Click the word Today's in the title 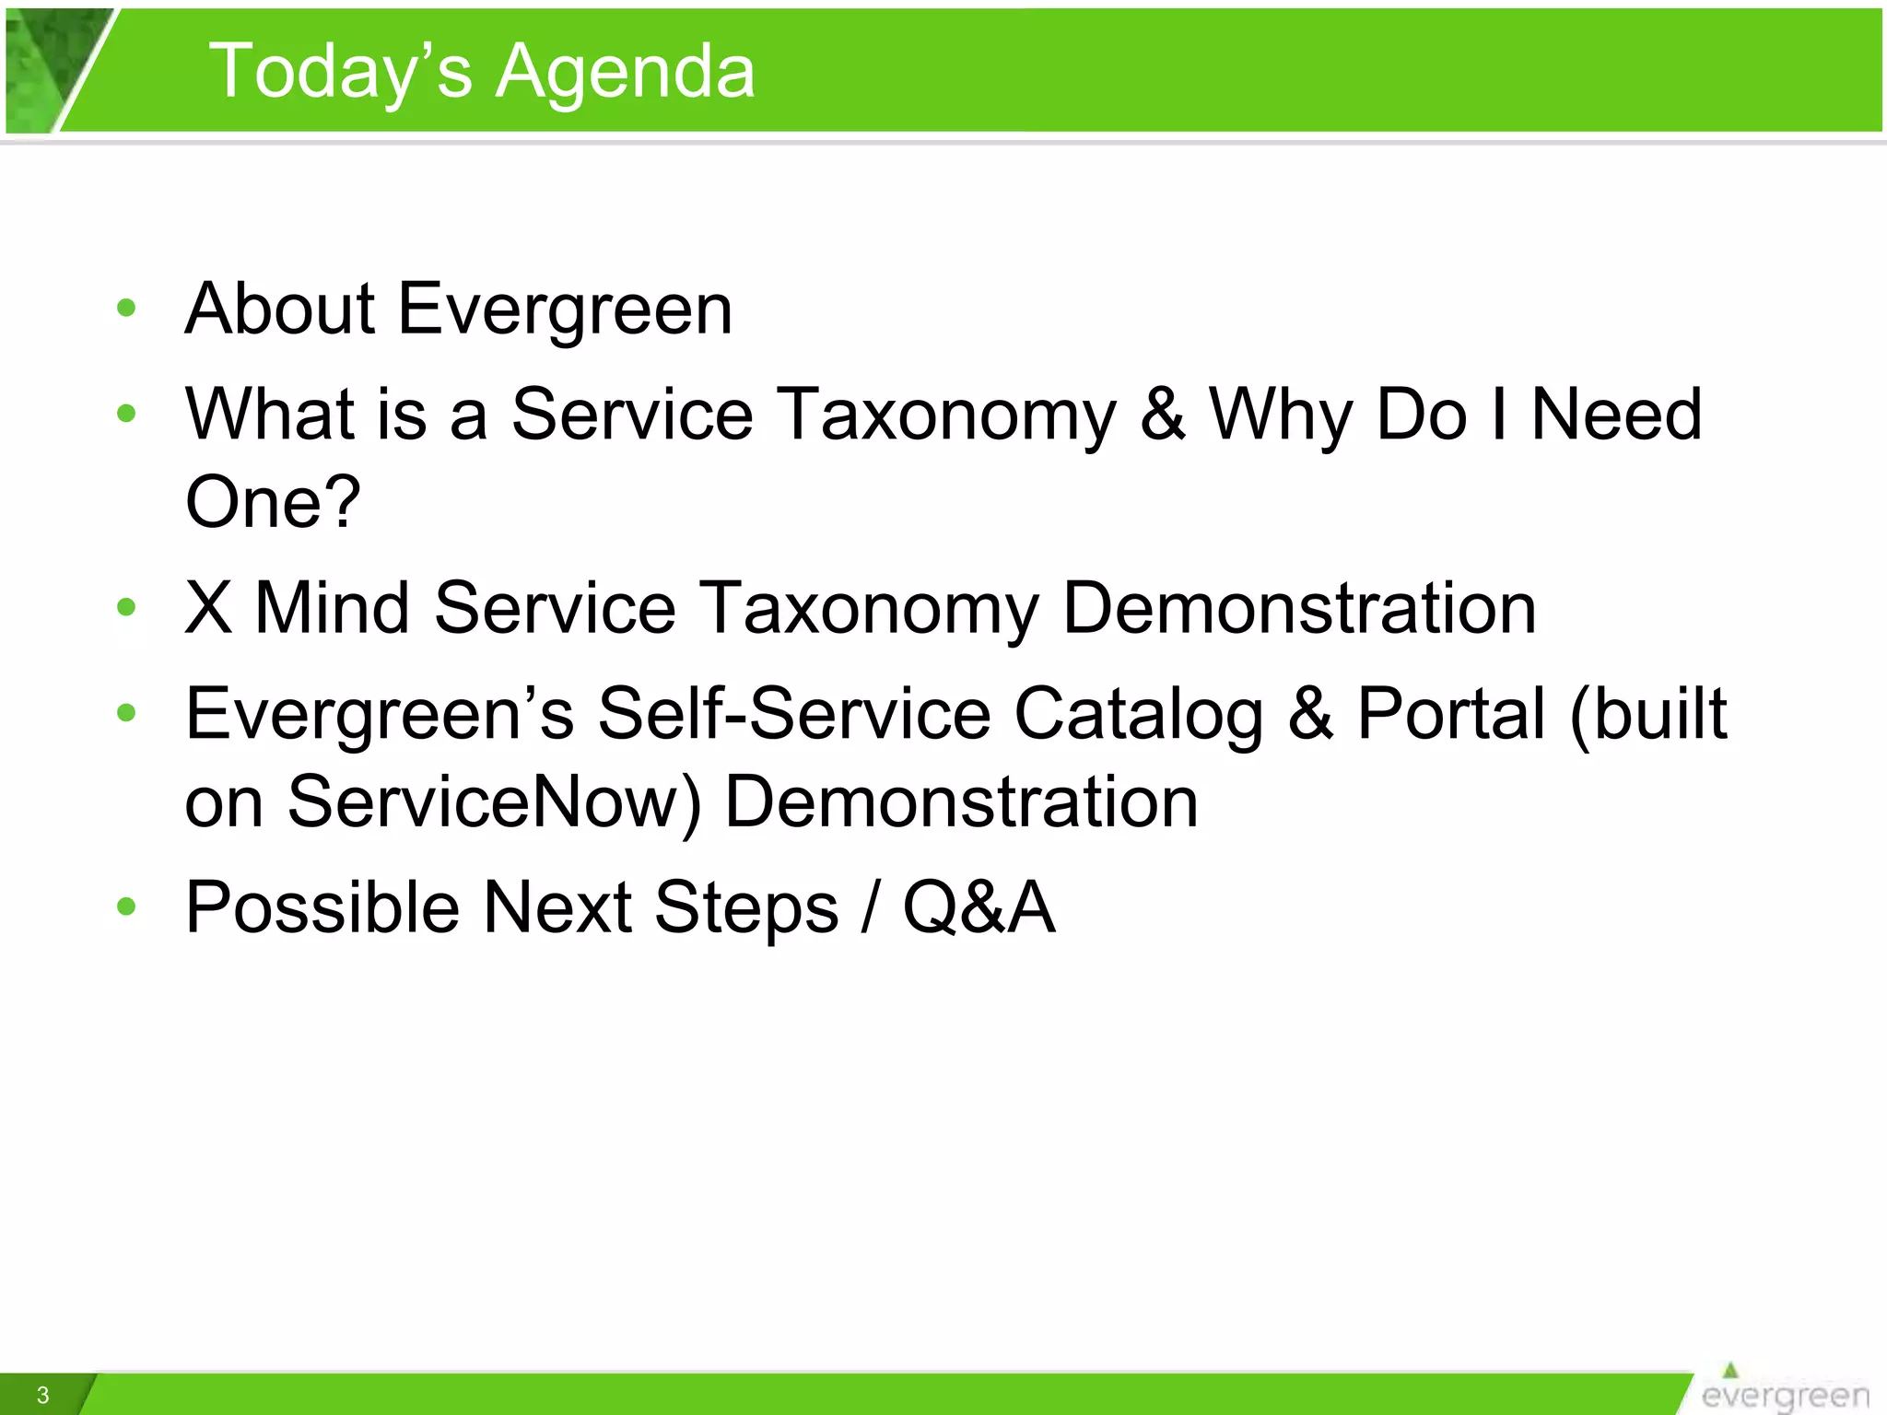click(341, 72)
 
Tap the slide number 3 click(42, 1395)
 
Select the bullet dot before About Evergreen click(126, 309)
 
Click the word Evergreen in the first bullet click(565, 309)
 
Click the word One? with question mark click(273, 501)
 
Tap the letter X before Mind click(208, 608)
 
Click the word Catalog click(1139, 714)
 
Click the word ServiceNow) click(494, 801)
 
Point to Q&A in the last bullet click(979, 907)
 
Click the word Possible click(322, 907)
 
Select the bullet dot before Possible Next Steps click(126, 907)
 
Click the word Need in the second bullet click(1615, 415)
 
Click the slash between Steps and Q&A click(869, 907)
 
